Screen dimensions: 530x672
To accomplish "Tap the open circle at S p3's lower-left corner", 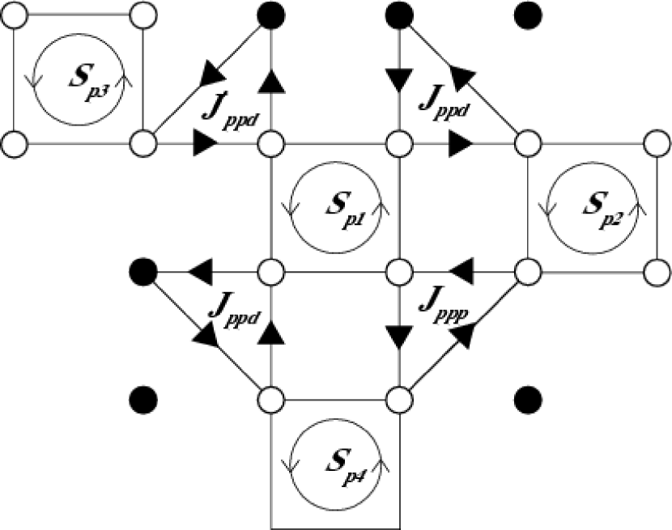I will [14, 146].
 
